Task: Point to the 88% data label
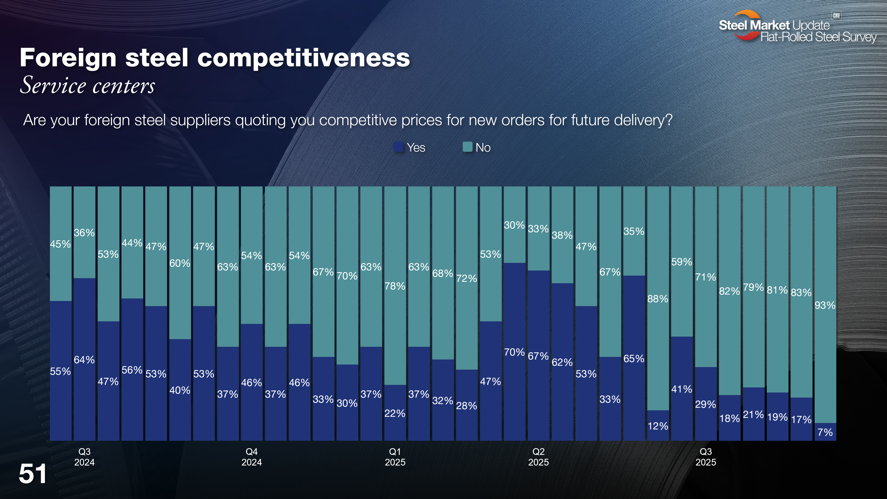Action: point(658,298)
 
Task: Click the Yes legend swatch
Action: point(398,147)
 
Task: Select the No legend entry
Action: point(477,147)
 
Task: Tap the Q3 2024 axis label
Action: point(84,457)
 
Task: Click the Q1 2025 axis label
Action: point(395,457)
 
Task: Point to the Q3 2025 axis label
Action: point(705,457)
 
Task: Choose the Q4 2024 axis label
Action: point(252,457)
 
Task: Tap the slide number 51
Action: point(33,474)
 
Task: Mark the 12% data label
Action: point(658,426)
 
